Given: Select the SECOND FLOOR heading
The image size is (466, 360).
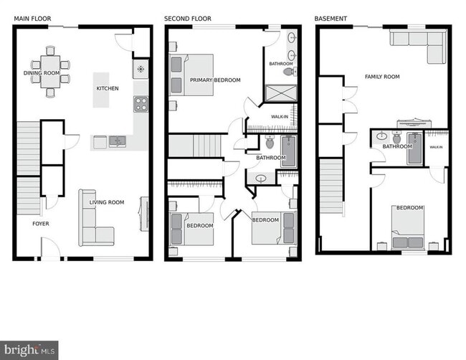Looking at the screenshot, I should point(188,19).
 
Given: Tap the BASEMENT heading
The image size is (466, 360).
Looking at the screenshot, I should point(331,19).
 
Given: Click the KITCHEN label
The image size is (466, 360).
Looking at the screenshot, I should point(108,88).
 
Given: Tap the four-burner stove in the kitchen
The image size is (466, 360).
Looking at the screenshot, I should point(140,104).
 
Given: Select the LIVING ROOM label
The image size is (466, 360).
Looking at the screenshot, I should point(107,202).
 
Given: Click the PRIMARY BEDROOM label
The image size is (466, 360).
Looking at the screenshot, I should point(215,80).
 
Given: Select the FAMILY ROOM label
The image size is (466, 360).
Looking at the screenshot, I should point(382,76).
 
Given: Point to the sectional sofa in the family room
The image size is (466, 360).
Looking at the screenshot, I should point(418,45).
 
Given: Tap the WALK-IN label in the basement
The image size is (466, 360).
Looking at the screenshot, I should point(436,146).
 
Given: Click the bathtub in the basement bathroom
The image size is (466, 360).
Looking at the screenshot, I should point(415,148).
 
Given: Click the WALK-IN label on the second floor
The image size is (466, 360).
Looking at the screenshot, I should point(280,116).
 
